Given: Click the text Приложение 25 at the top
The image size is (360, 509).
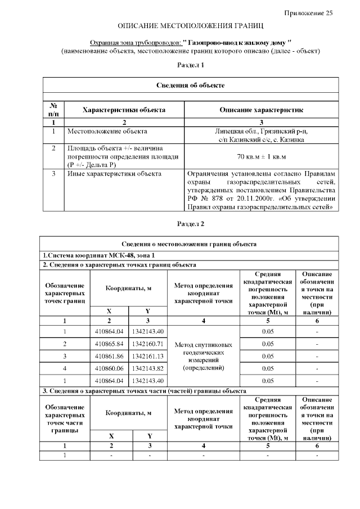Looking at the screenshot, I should click(x=308, y=13).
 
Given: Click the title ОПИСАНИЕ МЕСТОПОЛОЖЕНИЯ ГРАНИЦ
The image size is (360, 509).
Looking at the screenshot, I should click(x=190, y=26).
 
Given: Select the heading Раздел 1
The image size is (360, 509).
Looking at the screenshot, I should click(x=190, y=65).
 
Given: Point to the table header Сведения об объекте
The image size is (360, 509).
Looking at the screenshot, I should click(x=190, y=85).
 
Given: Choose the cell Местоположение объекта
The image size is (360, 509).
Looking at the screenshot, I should click(x=107, y=132).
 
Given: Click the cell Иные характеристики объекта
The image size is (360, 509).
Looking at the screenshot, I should click(x=114, y=174).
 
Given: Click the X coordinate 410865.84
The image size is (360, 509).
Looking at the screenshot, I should click(x=109, y=343).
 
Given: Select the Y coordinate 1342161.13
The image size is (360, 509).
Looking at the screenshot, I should click(x=148, y=356).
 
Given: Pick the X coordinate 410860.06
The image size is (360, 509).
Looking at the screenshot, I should click(x=109, y=368).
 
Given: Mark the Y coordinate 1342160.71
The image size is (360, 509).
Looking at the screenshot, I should click(x=148, y=343).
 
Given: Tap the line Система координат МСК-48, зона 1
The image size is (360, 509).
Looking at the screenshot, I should click(x=91, y=256).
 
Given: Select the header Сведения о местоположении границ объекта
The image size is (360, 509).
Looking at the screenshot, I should click(x=190, y=244).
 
